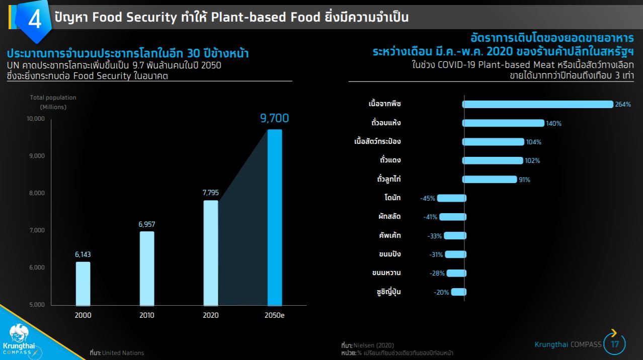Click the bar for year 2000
(x=83, y=284)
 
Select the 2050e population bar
(x=274, y=217)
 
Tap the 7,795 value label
(x=211, y=193)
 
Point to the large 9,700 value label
(x=274, y=119)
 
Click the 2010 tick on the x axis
(x=147, y=316)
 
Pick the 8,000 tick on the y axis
(x=36, y=193)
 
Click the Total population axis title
(x=53, y=98)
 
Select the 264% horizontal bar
(x=537, y=104)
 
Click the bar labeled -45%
(x=451, y=198)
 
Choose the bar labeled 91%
(x=489, y=179)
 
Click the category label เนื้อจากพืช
(x=384, y=104)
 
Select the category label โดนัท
(x=392, y=198)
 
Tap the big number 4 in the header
(x=35, y=21)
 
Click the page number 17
(x=615, y=345)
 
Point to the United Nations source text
(x=123, y=353)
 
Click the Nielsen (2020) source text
(x=373, y=345)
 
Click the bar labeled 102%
(x=492, y=160)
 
